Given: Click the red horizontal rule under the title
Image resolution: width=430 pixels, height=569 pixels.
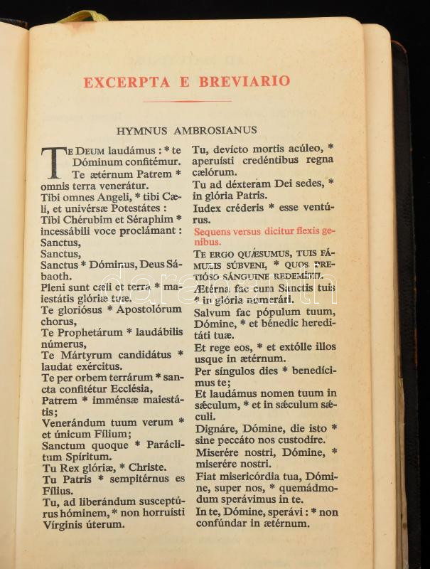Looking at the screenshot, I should pyautogui.click(x=187, y=101).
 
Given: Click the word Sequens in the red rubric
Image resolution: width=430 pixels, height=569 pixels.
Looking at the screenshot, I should pyautogui.click(x=213, y=232).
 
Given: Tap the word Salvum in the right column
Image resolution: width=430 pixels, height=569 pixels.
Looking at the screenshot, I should pyautogui.click(x=210, y=312).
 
